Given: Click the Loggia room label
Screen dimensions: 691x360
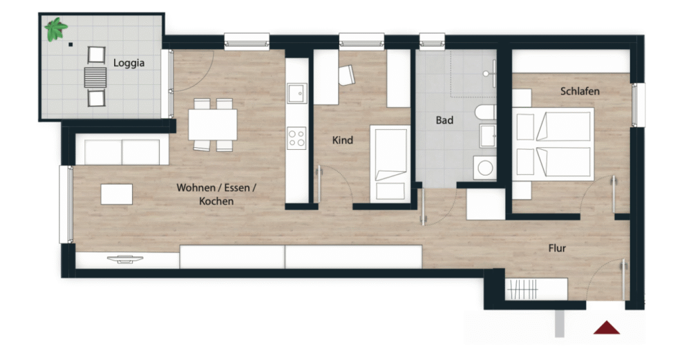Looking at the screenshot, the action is [129, 63].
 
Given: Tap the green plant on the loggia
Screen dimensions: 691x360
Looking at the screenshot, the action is [55, 29].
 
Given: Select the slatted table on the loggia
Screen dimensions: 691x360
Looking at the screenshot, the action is [95, 77].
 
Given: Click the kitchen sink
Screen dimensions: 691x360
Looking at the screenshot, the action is [296, 93].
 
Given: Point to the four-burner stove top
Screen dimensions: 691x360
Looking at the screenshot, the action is [296, 138].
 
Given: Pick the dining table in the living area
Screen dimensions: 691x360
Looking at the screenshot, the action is [213, 124].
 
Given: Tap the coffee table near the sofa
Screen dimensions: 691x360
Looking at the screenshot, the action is [117, 194].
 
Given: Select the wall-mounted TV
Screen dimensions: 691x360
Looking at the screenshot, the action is [124, 259].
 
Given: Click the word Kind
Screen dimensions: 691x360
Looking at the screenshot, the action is [343, 140].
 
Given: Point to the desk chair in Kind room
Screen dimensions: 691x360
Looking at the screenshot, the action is [347, 75].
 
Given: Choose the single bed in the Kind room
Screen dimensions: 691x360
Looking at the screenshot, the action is [390, 164].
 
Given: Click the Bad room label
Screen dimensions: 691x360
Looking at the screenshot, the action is [444, 120].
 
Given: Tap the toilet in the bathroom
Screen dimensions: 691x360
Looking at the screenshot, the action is [485, 113].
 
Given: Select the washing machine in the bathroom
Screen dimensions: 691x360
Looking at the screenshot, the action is [485, 168].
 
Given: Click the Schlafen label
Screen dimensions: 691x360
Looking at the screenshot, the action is [580, 91].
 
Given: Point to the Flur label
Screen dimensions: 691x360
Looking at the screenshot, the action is [557, 248].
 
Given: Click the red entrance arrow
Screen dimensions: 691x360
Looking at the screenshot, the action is [607, 328].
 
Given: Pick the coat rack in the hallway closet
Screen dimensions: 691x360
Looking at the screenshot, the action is [522, 290].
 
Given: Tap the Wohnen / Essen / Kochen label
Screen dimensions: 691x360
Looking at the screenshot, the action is [216, 194].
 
